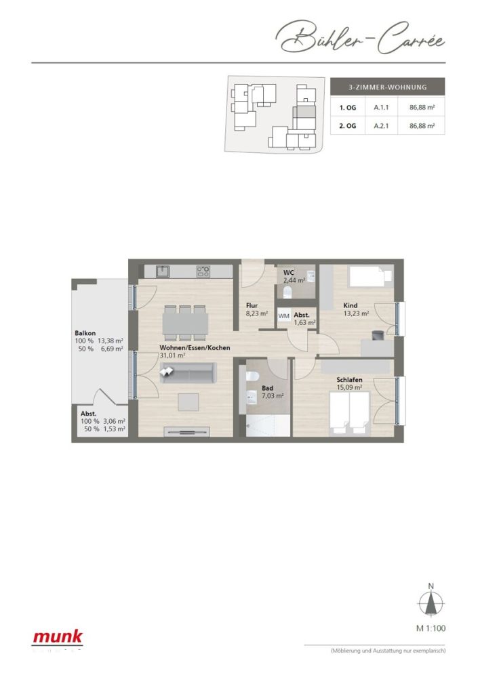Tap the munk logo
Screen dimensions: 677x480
click(58, 637)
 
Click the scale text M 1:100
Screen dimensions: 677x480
click(431, 628)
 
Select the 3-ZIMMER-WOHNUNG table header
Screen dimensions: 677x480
click(387, 87)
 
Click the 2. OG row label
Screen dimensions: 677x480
click(347, 125)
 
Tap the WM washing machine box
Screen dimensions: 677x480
click(284, 316)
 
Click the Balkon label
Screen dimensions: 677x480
click(85, 333)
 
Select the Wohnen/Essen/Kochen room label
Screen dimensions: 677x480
click(195, 348)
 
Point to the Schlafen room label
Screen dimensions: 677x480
click(349, 380)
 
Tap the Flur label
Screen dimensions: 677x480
click(252, 305)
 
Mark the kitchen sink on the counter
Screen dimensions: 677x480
click(163, 271)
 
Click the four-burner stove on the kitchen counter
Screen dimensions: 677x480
click(203, 271)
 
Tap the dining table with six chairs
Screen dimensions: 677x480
click(184, 322)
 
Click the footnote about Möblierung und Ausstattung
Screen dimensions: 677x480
click(387, 651)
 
